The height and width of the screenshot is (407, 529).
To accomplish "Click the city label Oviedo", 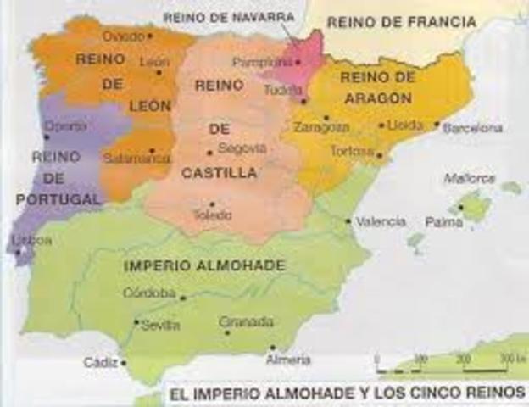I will pyautogui.click(x=123, y=36).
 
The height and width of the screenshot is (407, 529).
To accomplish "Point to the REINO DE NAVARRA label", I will pyautogui.click(x=228, y=16).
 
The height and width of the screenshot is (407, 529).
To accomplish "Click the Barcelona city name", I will pyautogui.click(x=474, y=128).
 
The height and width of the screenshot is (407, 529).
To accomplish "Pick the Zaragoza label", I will pyautogui.click(x=321, y=128).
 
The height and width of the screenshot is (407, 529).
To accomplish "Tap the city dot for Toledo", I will pyautogui.click(x=212, y=203).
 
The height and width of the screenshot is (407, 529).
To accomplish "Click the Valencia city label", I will pyautogui.click(x=381, y=221).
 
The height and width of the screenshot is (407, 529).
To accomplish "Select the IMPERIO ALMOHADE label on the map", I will pyautogui.click(x=204, y=265).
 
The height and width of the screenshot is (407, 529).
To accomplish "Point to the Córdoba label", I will pyautogui.click(x=149, y=293).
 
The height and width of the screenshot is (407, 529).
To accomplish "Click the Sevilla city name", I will pyautogui.click(x=160, y=325).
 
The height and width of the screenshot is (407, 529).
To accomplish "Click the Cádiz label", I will pyautogui.click(x=100, y=362).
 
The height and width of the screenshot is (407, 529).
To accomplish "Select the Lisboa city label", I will pyautogui.click(x=32, y=241).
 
